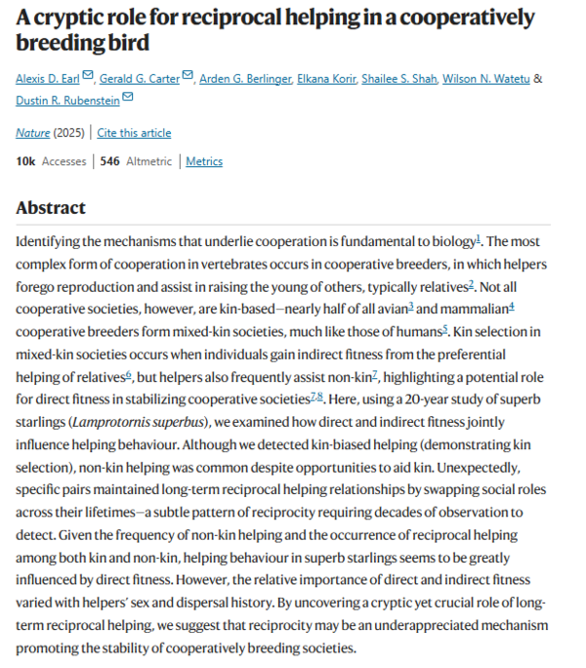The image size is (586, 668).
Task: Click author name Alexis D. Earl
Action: (47, 78)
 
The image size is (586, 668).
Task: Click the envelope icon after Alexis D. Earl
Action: (88, 77)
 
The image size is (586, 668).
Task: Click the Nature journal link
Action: (32, 133)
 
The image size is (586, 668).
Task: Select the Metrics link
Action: (204, 161)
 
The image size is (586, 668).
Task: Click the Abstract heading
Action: (51, 208)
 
